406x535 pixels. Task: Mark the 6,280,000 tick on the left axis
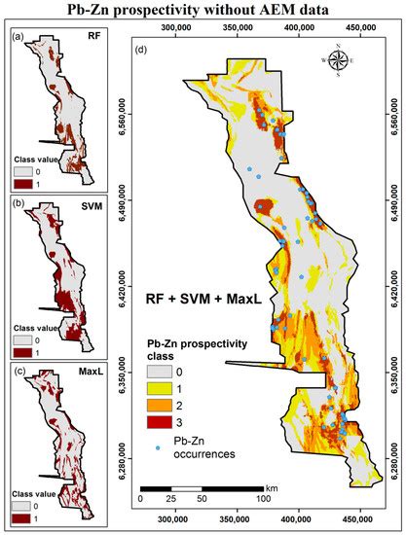pos(123,450)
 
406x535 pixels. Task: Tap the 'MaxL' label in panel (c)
pos(86,368)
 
